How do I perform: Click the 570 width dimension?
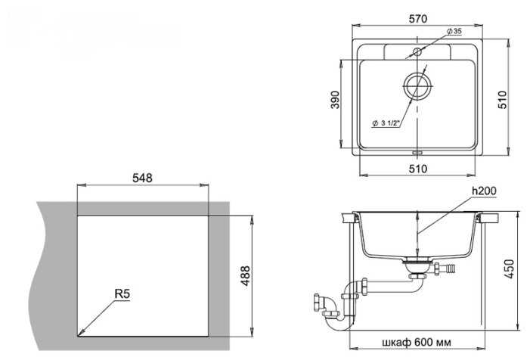pyautogui.click(x=418, y=19)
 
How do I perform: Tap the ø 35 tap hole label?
pyautogui.click(x=454, y=32)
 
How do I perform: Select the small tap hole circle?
pyautogui.click(x=417, y=51)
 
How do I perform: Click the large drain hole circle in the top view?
pyautogui.click(x=417, y=85)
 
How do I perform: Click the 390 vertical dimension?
pyautogui.click(x=335, y=99)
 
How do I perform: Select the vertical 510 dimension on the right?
pyautogui.click(x=503, y=99)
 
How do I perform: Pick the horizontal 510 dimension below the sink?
pyautogui.click(x=418, y=169)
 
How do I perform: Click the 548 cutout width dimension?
pyautogui.click(x=142, y=178)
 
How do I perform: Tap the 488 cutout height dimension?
pyautogui.click(x=246, y=276)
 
